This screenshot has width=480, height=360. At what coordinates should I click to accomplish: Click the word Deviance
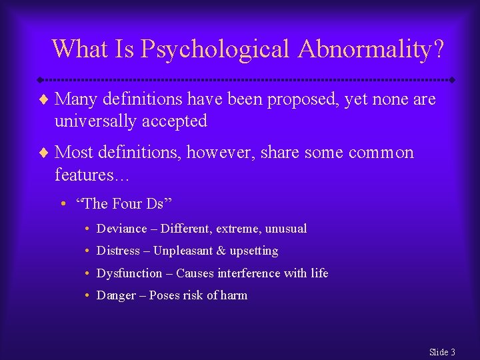tap(121, 229)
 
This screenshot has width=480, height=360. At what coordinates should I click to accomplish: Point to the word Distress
tap(119, 251)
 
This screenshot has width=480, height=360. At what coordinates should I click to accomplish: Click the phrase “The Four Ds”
tap(128, 203)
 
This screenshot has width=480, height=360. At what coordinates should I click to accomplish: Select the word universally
tap(91, 121)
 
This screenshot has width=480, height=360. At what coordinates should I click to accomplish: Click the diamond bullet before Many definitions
tap(45, 100)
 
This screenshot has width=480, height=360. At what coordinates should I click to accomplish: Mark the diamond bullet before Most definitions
tap(45, 153)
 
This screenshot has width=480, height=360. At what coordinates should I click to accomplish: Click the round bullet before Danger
tap(88, 295)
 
